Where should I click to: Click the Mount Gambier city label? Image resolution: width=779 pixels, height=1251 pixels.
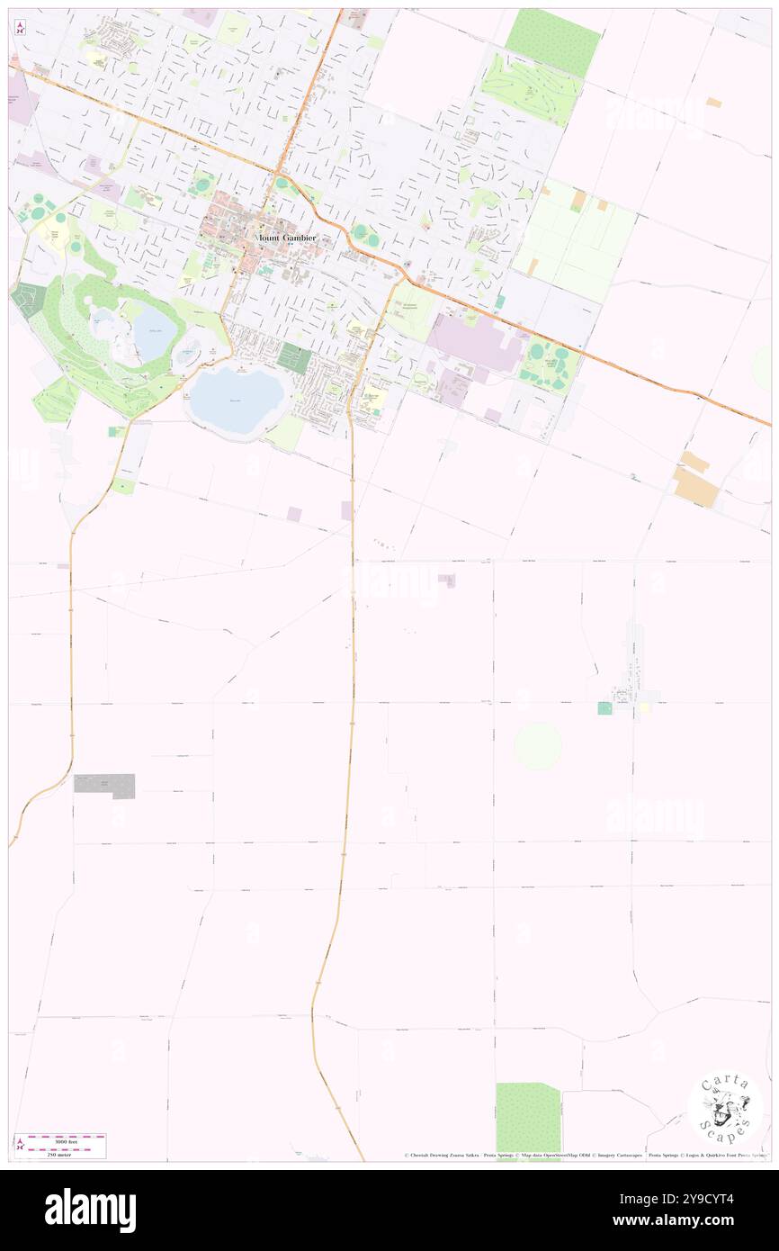point(287,237)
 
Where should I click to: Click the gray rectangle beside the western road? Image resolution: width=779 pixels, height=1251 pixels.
point(104,785)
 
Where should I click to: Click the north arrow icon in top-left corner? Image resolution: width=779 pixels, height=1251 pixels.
point(20,28)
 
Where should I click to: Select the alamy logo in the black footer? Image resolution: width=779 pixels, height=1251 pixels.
point(90,1209)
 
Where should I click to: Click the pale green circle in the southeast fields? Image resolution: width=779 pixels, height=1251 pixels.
point(538,746)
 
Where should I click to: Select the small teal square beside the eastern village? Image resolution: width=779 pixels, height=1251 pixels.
point(604,708)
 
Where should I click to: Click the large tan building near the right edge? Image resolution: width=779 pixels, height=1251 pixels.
point(695,487)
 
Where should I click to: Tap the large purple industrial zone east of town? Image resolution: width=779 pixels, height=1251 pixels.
point(474,342)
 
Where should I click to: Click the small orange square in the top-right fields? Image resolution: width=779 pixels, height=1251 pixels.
point(713,103)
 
